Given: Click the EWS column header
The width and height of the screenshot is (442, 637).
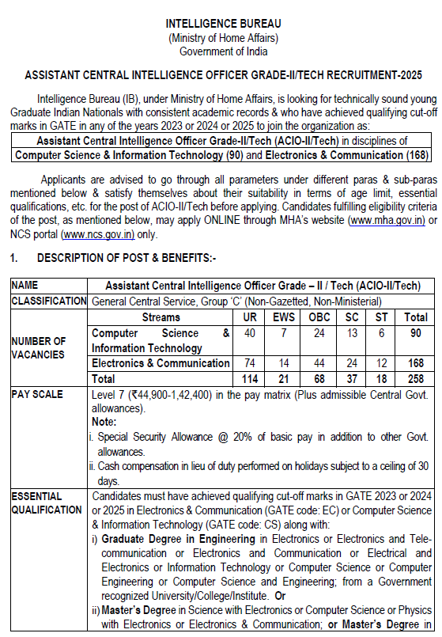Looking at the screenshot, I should click(x=281, y=317).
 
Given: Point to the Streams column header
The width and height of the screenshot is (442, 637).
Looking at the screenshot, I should click(x=161, y=317).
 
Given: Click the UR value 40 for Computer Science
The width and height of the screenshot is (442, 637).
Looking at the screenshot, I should click(x=249, y=334).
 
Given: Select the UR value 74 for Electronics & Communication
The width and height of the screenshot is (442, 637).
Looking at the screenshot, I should click(x=249, y=363).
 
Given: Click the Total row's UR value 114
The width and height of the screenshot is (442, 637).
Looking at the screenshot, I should click(x=249, y=379).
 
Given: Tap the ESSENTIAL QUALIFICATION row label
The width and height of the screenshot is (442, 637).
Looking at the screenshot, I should click(x=46, y=502).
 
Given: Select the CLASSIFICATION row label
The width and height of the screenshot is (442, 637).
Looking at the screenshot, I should click(x=49, y=301).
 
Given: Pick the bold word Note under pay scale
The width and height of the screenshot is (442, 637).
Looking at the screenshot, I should click(x=104, y=423).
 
